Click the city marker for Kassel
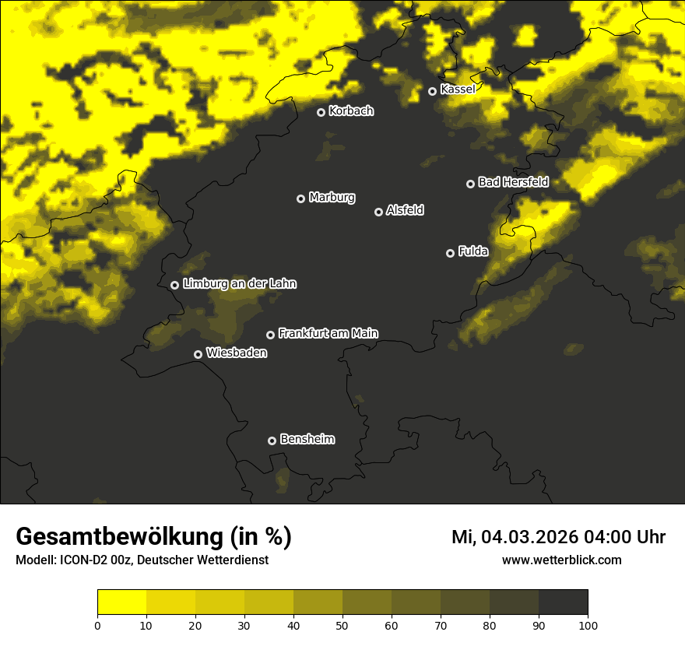click(432, 91)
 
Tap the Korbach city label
click(351, 111)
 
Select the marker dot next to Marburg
click(300, 198)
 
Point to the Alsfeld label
click(405, 210)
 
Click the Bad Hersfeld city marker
click(470, 184)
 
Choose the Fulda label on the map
click(473, 251)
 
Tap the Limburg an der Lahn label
click(240, 284)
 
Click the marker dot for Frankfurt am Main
click(270, 335)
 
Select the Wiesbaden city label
click(237, 353)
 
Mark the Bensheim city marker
click(272, 441)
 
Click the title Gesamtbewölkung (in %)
click(153, 537)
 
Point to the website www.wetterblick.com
click(561, 560)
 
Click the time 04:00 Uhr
click(624, 537)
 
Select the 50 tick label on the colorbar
click(342, 625)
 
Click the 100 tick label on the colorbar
click(588, 625)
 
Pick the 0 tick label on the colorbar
click(97, 625)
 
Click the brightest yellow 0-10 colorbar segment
click(121, 602)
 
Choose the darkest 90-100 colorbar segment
click(563, 602)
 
